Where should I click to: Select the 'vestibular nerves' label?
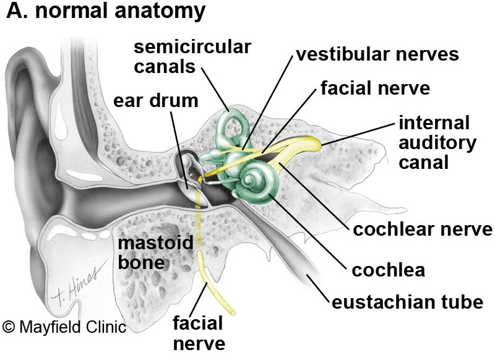coord(377,54)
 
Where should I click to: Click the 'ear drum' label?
coord(155,101)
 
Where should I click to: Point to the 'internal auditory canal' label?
coord(437,143)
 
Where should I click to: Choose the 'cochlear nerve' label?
coord(423,230)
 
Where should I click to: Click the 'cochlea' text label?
coord(388,270)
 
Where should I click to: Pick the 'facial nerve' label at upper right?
coord(375,88)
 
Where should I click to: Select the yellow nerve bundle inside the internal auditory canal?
coord(297,147)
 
